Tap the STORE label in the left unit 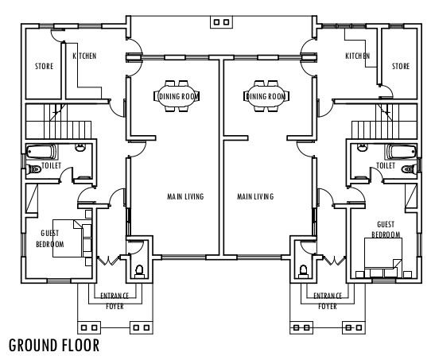pyautogui.click(x=44, y=67)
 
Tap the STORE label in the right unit pyautogui.click(x=401, y=67)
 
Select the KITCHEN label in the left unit pyautogui.click(x=85, y=56)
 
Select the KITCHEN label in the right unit pyautogui.click(x=357, y=56)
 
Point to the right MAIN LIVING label pyautogui.click(x=255, y=196)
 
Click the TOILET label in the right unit pyautogui.click(x=386, y=166)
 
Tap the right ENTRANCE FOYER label pyautogui.click(x=327, y=300)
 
